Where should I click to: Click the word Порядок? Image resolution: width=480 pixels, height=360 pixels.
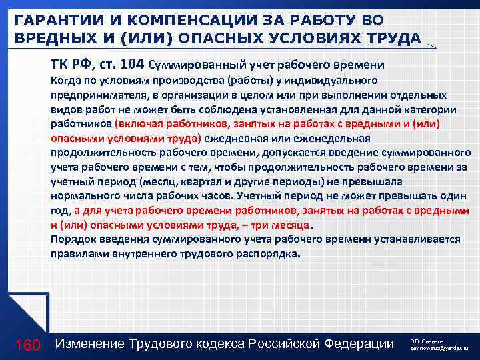[x=71, y=239]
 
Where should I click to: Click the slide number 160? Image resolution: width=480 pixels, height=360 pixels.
[x=29, y=344]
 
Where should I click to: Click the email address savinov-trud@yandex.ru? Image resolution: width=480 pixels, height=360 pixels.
[x=439, y=349]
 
